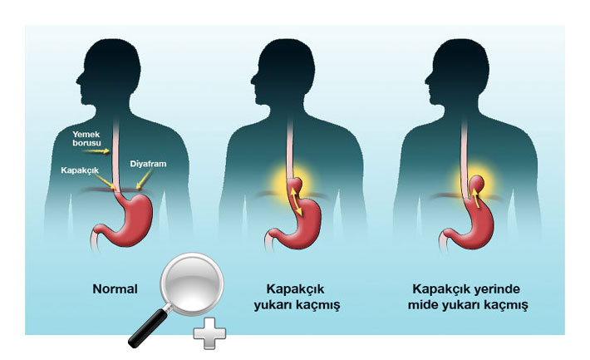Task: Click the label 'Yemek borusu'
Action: pyautogui.click(x=86, y=139)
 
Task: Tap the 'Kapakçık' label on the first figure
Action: pyautogui.click(x=80, y=170)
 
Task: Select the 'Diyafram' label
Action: pyautogui.click(x=148, y=164)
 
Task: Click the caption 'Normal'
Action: pyautogui.click(x=115, y=289)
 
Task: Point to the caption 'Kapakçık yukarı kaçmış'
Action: pyautogui.click(x=297, y=297)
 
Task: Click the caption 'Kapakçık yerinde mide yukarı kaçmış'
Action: pyautogui.click(x=468, y=297)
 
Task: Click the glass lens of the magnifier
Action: pyautogui.click(x=192, y=284)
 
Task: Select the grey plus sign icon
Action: pyautogui.click(x=209, y=333)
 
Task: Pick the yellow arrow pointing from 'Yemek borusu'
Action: pyautogui.click(x=96, y=151)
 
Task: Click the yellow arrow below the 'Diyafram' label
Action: pyautogui.click(x=144, y=179)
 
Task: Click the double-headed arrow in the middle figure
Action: pyautogui.click(x=296, y=201)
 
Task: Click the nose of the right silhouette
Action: pyautogui.click(x=427, y=80)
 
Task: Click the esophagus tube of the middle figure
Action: pyautogui.click(x=290, y=151)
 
